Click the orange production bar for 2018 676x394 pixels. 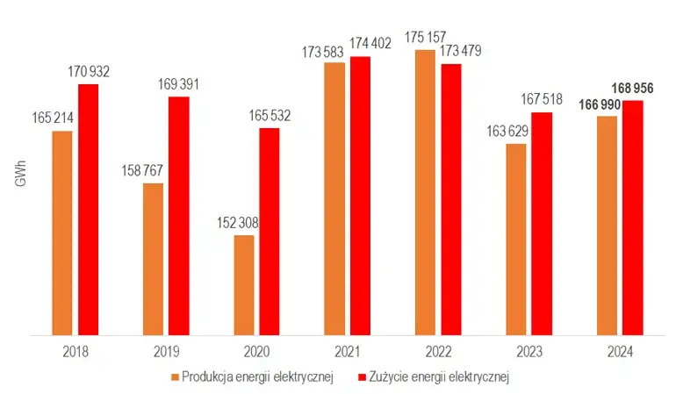point(62,233)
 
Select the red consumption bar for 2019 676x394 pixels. point(179,215)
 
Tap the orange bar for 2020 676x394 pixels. point(243,284)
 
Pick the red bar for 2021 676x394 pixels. point(360,195)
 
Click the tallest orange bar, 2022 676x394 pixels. point(425,192)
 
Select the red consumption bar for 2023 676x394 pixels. point(542,223)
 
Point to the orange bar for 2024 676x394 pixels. point(607,225)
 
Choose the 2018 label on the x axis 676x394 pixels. point(76,352)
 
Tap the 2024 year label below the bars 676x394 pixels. point(619,352)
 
